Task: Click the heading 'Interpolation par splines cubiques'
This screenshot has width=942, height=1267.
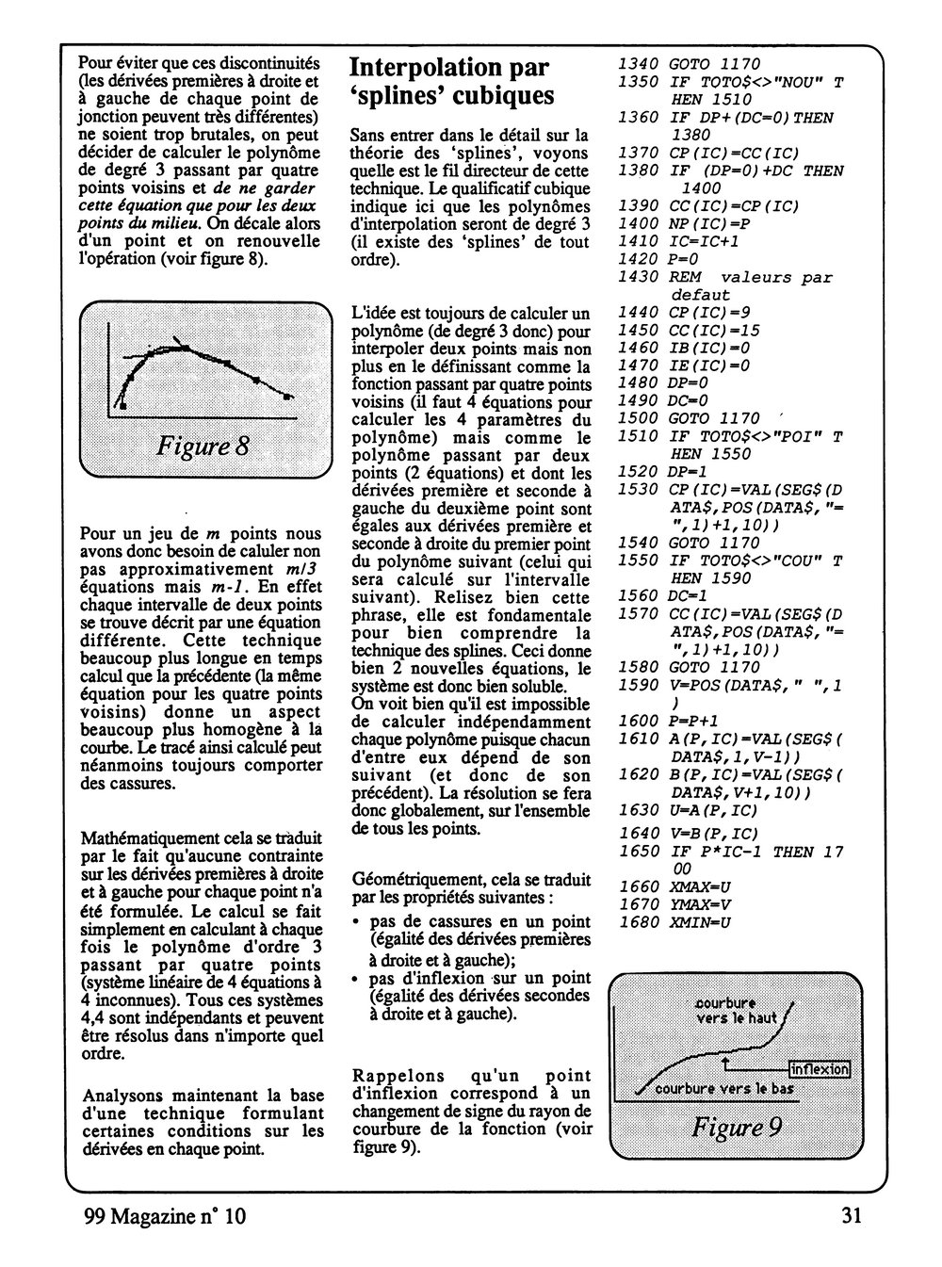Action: [x=450, y=82]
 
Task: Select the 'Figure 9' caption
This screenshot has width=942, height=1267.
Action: [x=737, y=1127]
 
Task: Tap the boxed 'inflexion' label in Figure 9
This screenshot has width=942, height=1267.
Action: [x=820, y=1069]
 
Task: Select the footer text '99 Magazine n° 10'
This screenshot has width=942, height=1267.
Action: [x=165, y=1216]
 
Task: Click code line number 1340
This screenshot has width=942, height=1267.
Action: [x=638, y=64]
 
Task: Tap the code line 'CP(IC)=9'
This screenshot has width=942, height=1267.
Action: [x=708, y=312]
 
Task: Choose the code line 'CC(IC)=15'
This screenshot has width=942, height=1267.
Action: [x=713, y=330]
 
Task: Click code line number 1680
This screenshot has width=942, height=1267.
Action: [x=638, y=922]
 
